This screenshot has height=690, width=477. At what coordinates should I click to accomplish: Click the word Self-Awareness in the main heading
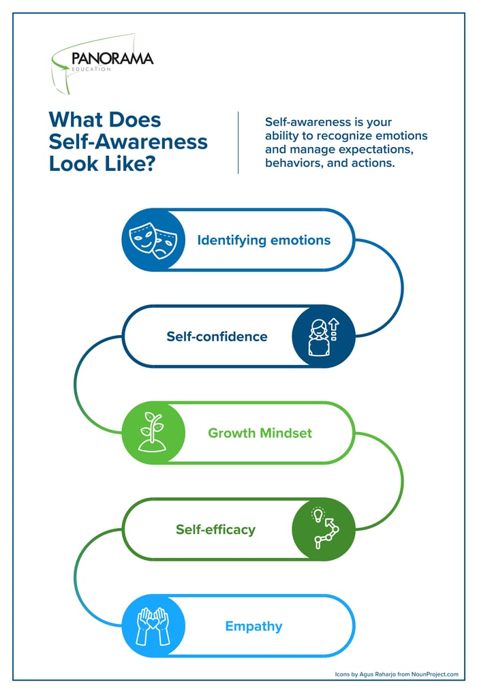coord(128,142)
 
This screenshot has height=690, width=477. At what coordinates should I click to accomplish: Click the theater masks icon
coord(153,240)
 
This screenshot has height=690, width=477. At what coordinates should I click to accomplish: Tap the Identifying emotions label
coord(264,240)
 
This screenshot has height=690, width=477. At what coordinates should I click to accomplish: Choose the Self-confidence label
coord(217,336)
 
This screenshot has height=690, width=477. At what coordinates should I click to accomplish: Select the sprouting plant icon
coord(153,433)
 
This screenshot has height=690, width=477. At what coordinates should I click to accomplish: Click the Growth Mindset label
coord(260,433)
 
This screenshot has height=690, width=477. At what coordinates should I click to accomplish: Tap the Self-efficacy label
coord(215,529)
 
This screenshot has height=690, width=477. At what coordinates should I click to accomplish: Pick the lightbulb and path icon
coord(324,529)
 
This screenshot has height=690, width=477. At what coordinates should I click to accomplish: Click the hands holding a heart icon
coord(153,626)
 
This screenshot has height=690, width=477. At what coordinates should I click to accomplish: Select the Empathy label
coord(253,626)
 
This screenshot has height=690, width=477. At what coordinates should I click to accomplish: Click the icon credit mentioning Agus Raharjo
coord(396,674)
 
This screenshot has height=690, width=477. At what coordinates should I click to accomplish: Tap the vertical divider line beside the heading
coord(238,142)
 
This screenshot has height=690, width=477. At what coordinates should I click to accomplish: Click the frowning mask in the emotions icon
coord(164,244)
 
